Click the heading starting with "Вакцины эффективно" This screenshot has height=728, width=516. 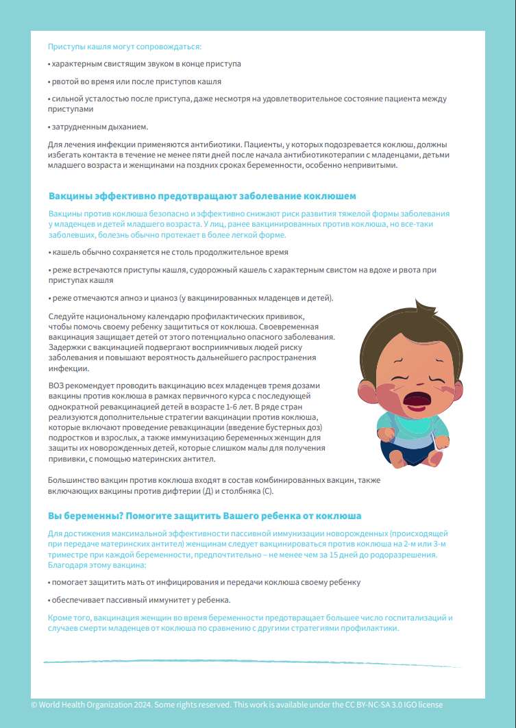point(202,196)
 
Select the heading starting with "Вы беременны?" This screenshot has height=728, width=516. point(204,515)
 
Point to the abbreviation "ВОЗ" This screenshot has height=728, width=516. point(57,386)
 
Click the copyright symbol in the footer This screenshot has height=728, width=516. point(34,705)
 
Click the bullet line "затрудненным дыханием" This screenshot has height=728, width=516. point(99,127)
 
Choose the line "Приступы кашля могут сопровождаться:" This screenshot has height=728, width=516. point(124,47)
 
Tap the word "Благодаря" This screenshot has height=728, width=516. point(66,566)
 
